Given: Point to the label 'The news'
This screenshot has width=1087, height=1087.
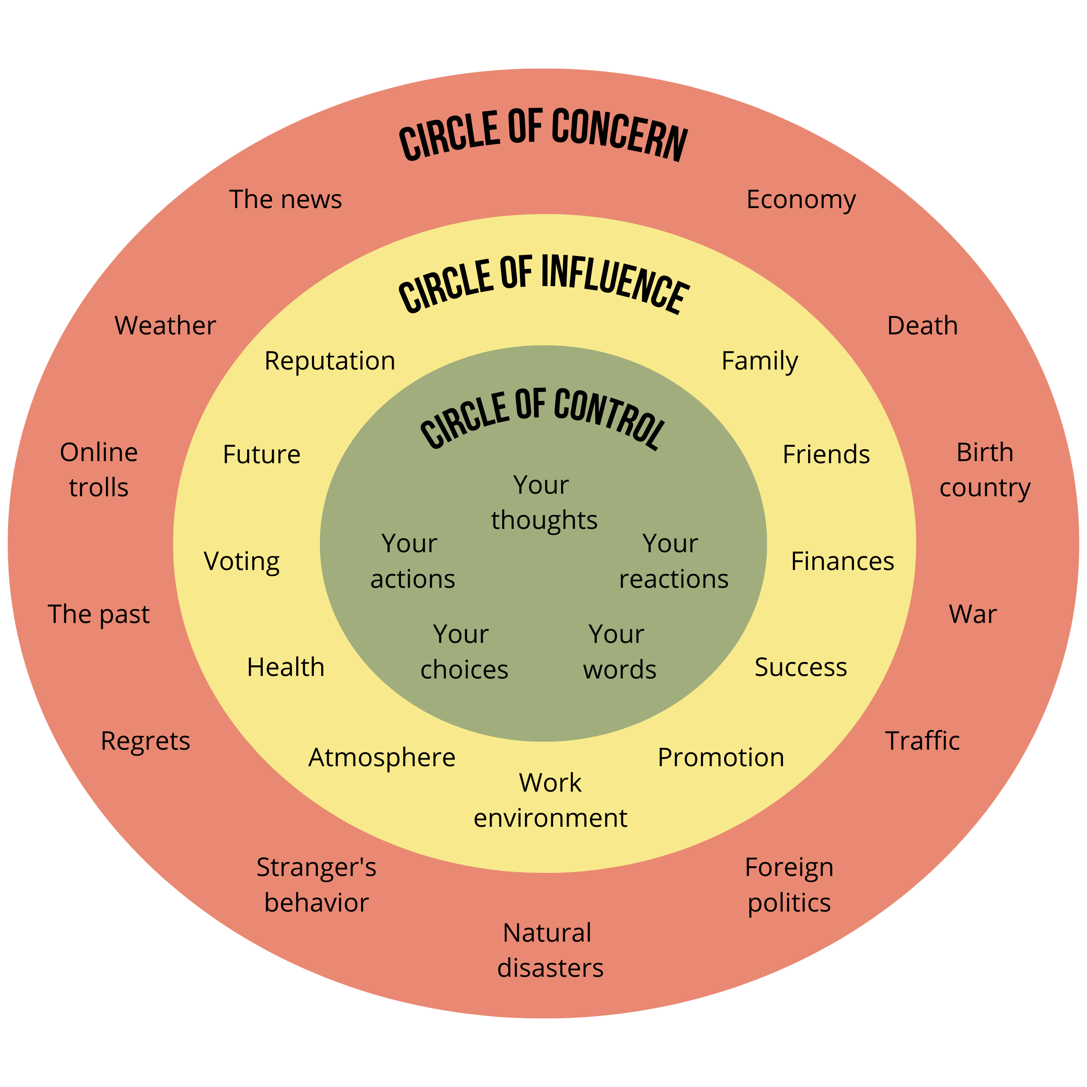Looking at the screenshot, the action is click(285, 199).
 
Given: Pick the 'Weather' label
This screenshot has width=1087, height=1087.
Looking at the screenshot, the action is click(165, 326).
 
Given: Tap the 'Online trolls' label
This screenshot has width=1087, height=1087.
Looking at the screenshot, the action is click(99, 470).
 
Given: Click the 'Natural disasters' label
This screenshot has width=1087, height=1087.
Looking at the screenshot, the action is click(550, 950).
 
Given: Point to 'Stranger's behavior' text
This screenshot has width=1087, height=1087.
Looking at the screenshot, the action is click(316, 885).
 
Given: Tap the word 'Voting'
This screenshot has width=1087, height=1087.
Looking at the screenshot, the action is click(242, 562).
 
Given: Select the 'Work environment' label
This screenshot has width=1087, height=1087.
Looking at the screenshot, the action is click(550, 800).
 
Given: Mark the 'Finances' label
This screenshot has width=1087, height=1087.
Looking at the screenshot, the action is click(842, 561).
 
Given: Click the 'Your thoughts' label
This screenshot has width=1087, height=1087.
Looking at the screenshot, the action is click(544, 503).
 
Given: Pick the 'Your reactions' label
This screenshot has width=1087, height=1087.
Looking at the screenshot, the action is click(673, 562).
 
